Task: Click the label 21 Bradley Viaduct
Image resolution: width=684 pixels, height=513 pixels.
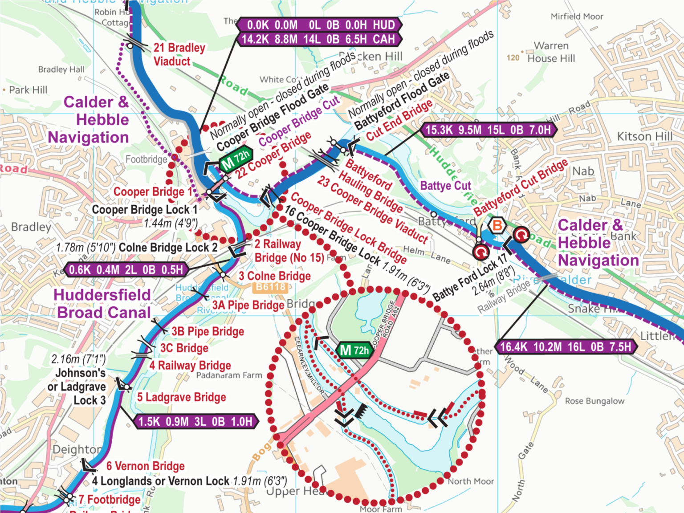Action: [179, 54]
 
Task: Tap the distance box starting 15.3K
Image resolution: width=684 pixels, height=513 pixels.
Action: [488, 130]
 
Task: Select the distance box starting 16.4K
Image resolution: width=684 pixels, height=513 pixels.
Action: [565, 347]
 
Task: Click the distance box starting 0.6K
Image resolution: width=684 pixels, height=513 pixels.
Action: [126, 270]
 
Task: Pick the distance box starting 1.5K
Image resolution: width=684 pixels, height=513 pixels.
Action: [195, 422]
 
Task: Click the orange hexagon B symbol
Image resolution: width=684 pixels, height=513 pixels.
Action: [497, 226]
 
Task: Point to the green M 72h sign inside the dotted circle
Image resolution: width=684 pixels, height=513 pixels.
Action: [354, 350]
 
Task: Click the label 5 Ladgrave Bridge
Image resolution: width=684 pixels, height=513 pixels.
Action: [181, 397]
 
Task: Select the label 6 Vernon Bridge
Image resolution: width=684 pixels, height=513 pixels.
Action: [145, 466]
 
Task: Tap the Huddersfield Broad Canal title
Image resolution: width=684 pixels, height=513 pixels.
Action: [102, 304]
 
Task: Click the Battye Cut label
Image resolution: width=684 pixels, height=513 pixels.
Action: [445, 186]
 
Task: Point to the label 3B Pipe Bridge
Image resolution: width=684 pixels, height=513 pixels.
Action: [208, 331]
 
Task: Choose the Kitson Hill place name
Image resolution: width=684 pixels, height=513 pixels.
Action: [644, 136]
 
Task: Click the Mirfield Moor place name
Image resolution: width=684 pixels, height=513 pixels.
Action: [577, 16]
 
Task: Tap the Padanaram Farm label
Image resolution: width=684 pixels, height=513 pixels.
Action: [229, 375]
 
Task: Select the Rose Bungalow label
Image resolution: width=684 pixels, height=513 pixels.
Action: [594, 401]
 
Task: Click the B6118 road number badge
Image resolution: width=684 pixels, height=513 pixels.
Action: [270, 287]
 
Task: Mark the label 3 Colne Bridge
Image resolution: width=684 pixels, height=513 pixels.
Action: [274, 276]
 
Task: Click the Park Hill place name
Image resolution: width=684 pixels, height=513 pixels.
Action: [28, 90]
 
